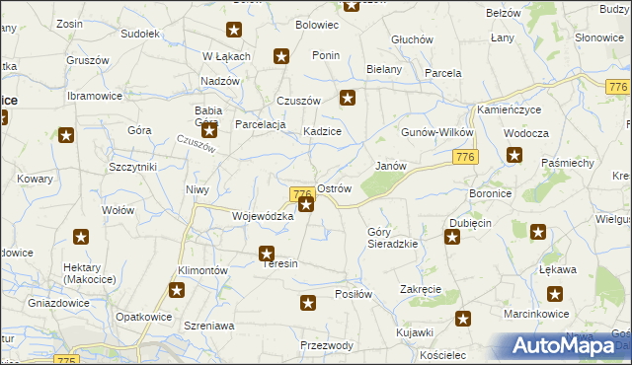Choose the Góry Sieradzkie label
(392, 237)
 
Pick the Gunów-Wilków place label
(437, 132)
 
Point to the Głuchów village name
(412, 39)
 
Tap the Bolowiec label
(317, 24)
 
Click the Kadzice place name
(322, 131)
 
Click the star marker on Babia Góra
(208, 129)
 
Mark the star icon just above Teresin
(267, 254)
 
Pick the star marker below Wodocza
(514, 154)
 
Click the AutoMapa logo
(565, 346)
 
